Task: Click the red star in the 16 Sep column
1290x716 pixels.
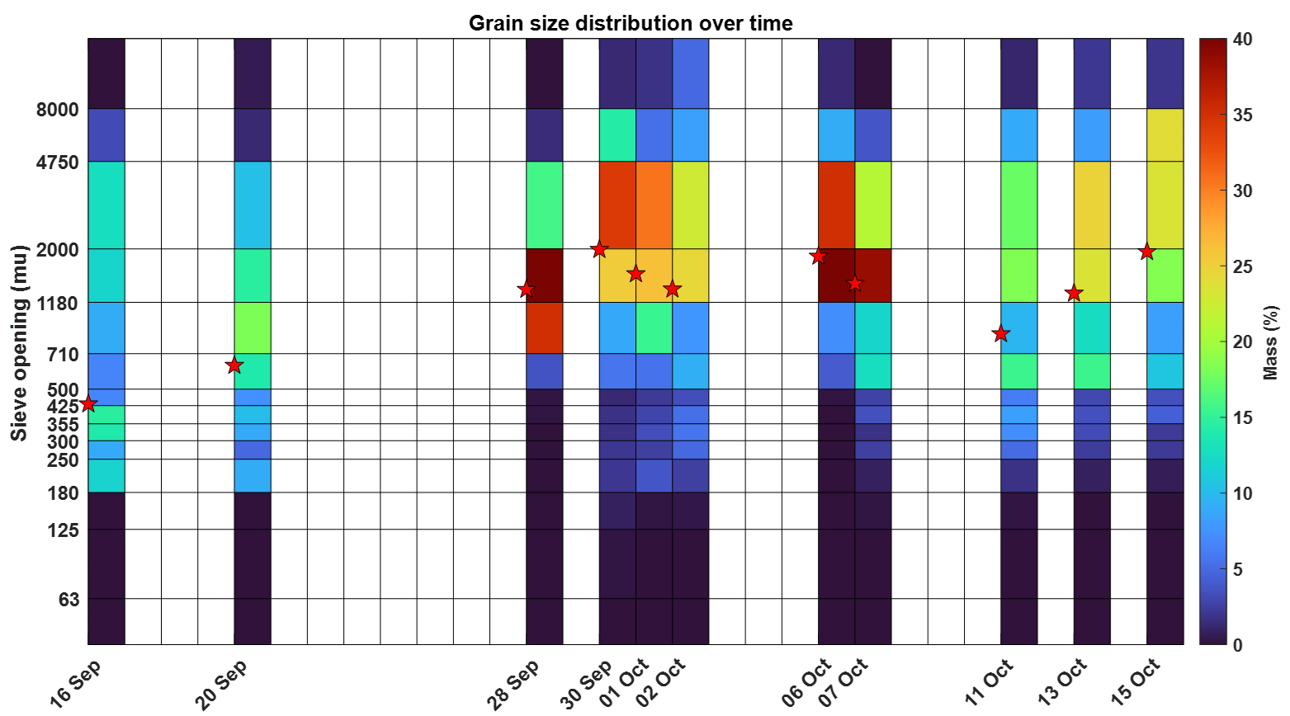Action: coord(88,404)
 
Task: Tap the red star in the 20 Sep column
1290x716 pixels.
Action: coord(234,365)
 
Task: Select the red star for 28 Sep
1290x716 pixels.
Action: coord(527,290)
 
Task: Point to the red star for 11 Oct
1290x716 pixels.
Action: coord(1001,334)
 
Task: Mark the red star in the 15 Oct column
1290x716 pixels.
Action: coord(1146,252)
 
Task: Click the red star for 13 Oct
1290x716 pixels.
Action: coord(1074,294)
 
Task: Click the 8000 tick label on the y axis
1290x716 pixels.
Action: coord(58,109)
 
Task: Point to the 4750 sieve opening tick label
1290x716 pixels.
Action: coord(58,162)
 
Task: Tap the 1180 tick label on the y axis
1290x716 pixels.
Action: coord(58,303)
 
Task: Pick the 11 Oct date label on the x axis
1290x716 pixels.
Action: coord(990,684)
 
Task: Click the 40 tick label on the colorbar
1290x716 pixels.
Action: coord(1244,40)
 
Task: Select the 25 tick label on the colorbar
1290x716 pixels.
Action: coord(1244,266)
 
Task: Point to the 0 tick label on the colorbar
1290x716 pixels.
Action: coord(1238,644)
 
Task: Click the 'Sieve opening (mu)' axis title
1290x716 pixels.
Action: coord(19,342)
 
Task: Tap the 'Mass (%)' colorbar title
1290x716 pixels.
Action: coord(1272,342)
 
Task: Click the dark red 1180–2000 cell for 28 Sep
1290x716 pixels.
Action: coord(545,276)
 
